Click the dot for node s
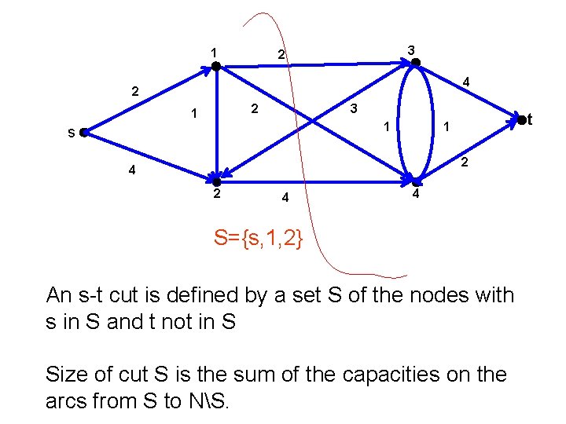tap(83, 133)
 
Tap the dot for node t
tap(520, 119)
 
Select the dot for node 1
tap(215, 67)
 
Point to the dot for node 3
tap(416, 63)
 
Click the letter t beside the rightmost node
tap(531, 119)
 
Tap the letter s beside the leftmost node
tap(71, 133)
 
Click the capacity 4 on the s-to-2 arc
tap(132, 170)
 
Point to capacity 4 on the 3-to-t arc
tap(466, 82)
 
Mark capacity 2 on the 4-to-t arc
tap(465, 163)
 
